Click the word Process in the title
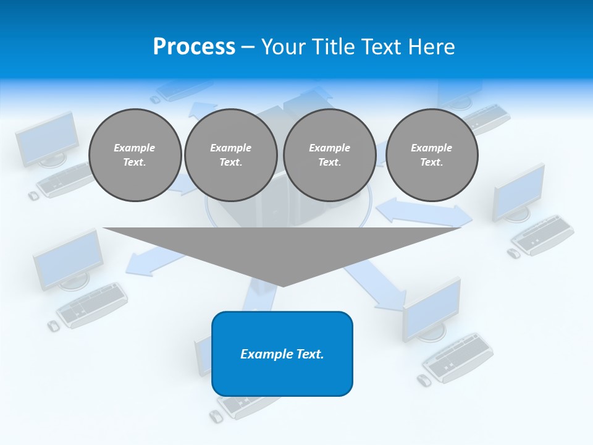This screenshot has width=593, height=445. (x=194, y=47)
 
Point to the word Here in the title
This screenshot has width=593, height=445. (x=432, y=47)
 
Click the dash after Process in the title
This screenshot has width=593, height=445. (x=248, y=48)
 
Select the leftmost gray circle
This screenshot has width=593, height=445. (x=135, y=155)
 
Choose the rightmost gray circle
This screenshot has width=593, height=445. (x=431, y=155)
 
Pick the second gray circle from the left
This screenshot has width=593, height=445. (x=230, y=155)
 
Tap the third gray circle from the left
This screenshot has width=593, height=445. (x=329, y=155)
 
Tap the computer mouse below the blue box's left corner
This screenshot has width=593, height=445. (x=216, y=416)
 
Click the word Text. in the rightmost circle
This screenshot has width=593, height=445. (x=431, y=163)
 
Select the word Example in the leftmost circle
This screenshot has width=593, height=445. (x=135, y=148)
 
